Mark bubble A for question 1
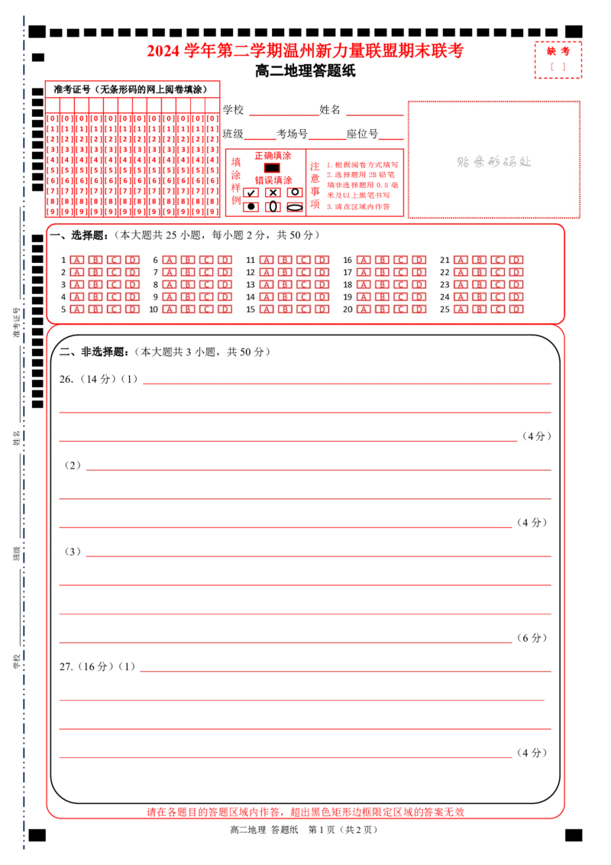[76, 260]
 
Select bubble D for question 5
[132, 309]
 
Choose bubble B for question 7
[188, 272]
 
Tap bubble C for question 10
[206, 309]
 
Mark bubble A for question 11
[267, 260]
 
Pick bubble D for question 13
[322, 284]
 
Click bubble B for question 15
[285, 309]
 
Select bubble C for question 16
[400, 260]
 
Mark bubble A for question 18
[363, 284]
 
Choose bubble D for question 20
[419, 309]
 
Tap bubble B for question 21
[479, 260]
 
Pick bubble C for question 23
[497, 284]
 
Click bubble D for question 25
[516, 309]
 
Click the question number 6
[155, 260]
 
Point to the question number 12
[251, 272]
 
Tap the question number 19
[348, 297]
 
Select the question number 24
[445, 297]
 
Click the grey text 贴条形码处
[493, 162]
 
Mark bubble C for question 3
[114, 284]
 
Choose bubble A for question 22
[460, 272]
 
